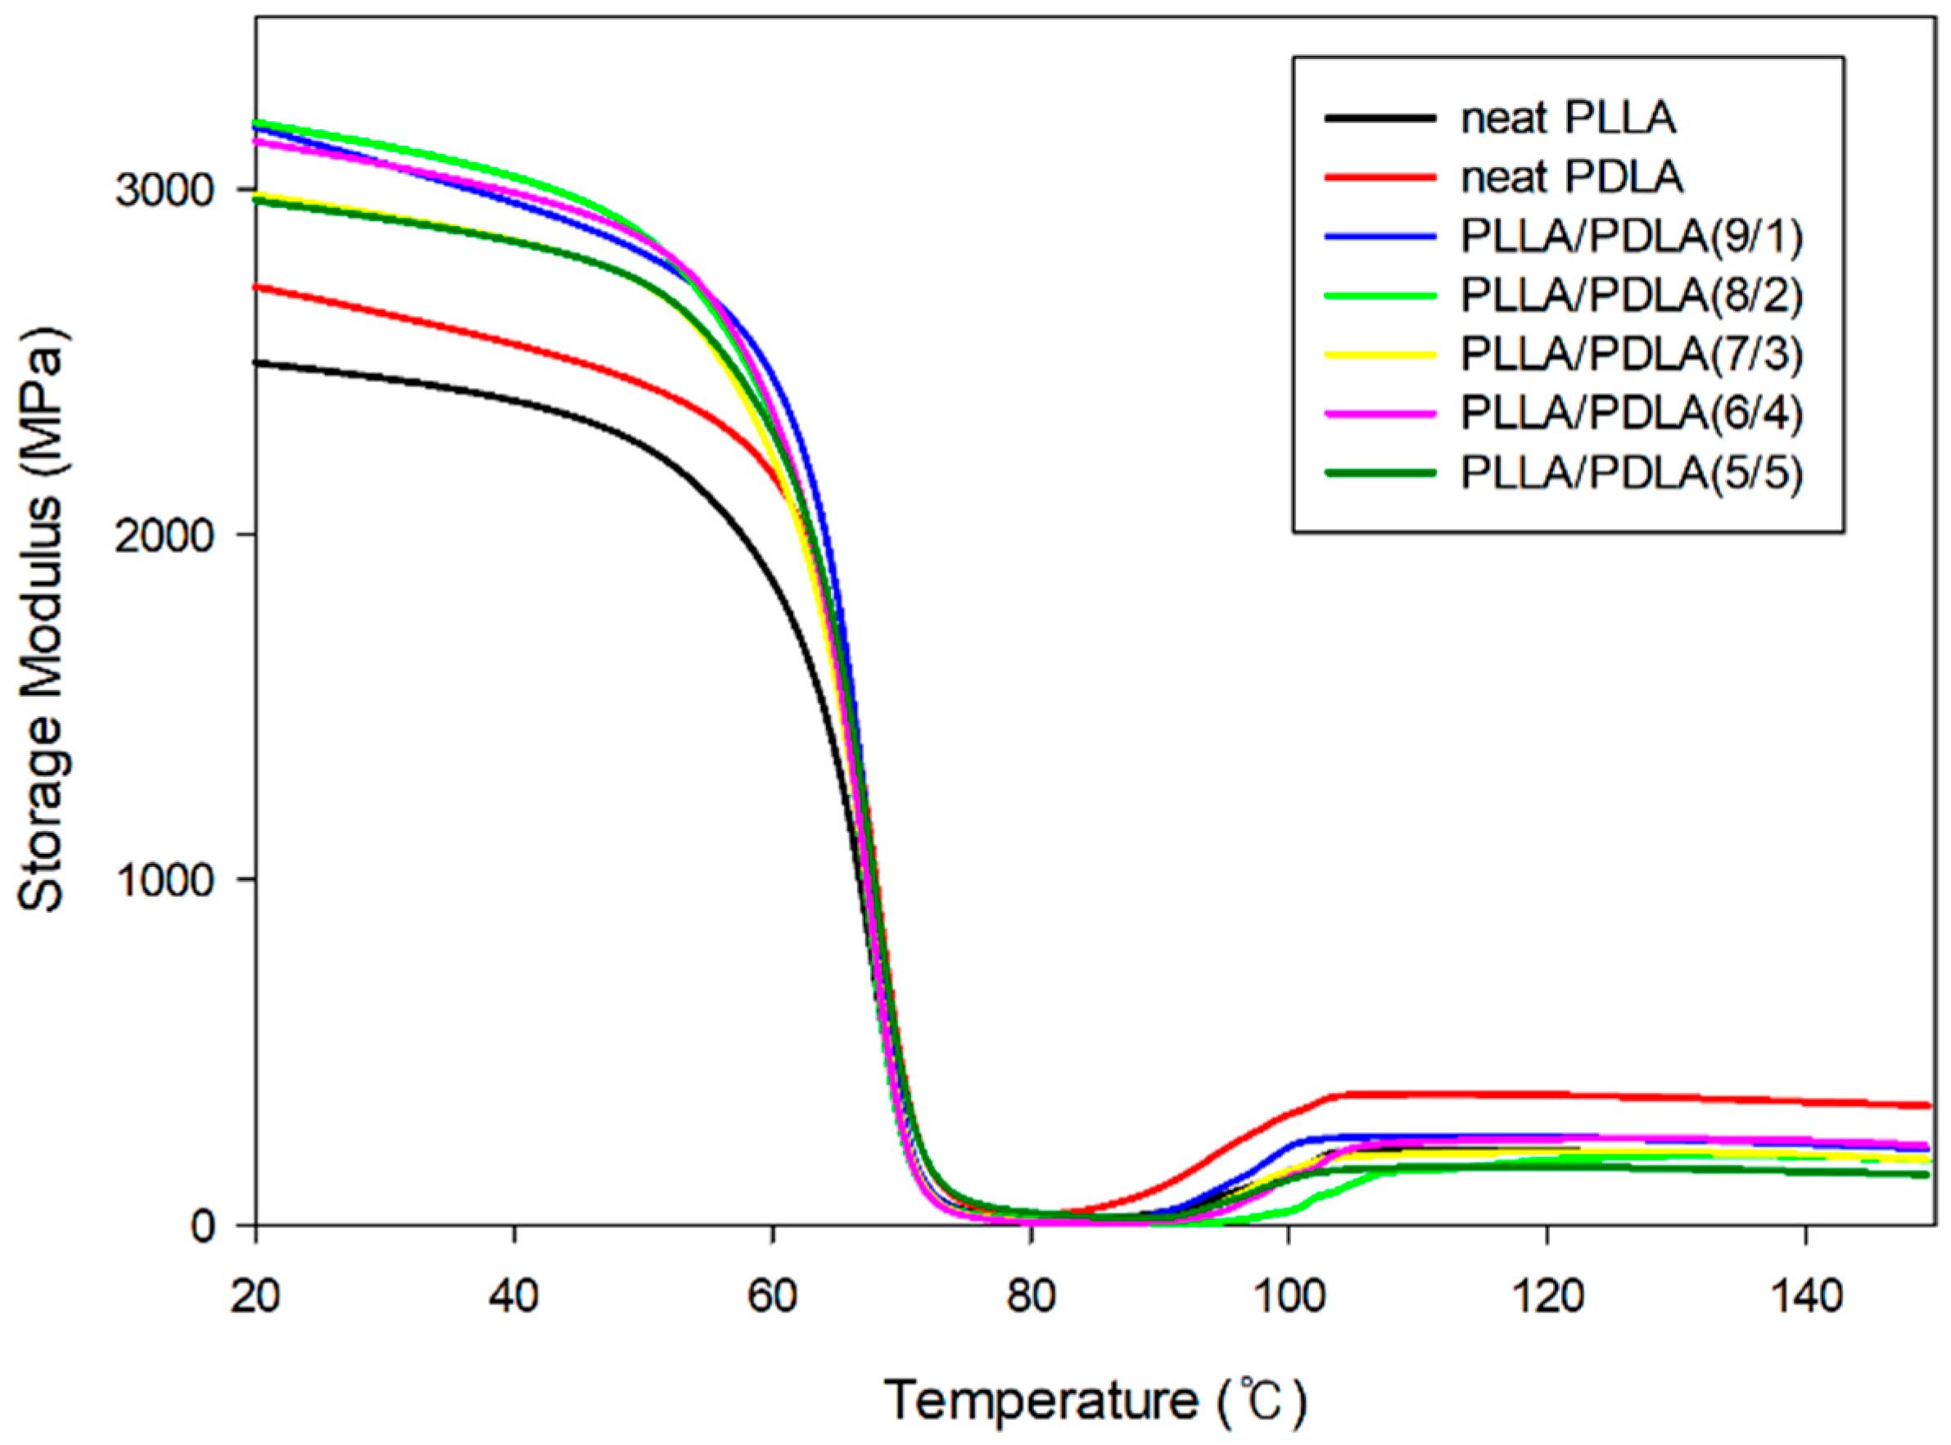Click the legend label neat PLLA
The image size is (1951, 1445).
click(1567, 119)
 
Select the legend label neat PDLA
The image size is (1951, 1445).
click(1570, 178)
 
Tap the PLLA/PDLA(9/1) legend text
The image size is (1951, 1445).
click(1632, 237)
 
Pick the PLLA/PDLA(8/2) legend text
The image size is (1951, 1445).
click(1632, 296)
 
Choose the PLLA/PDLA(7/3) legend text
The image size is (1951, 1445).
click(1632, 354)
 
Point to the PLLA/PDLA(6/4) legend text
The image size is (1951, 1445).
click(1632, 413)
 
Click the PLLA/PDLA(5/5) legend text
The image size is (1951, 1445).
click(1632, 472)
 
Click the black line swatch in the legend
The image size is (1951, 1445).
click(1380, 118)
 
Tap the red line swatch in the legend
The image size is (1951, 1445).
click(1380, 178)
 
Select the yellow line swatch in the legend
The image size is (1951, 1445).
click(1380, 354)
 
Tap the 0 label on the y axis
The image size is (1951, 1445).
click(203, 1226)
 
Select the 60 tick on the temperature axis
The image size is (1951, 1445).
click(772, 1295)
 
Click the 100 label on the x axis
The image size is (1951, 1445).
click(1287, 1295)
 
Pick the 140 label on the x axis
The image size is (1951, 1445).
click(1805, 1295)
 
